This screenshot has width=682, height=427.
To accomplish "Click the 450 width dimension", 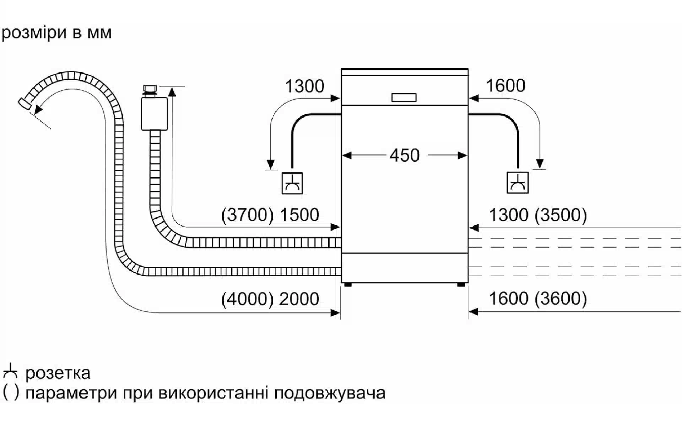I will pos(404,155).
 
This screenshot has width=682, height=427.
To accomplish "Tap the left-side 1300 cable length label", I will pos(304,86).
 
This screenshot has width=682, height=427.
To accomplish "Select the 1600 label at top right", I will pos(505,86).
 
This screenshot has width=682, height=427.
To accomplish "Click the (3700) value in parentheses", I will pos(247,215).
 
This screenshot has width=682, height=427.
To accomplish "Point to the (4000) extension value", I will pos(247,299).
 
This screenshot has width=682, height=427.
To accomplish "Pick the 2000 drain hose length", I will pos(299,299).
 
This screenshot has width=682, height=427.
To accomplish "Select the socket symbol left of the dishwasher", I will pos(292,183).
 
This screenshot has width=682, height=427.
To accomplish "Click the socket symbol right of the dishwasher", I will pos(518,183).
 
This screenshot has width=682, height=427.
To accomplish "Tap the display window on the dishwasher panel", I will pos(404,97).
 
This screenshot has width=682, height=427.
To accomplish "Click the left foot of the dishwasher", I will pos(348,285).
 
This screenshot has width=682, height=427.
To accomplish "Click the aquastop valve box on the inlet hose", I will pos(154,114).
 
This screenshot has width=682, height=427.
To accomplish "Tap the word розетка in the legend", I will pos(58,373).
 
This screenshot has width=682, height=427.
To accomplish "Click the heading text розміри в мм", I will pos(57,33).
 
